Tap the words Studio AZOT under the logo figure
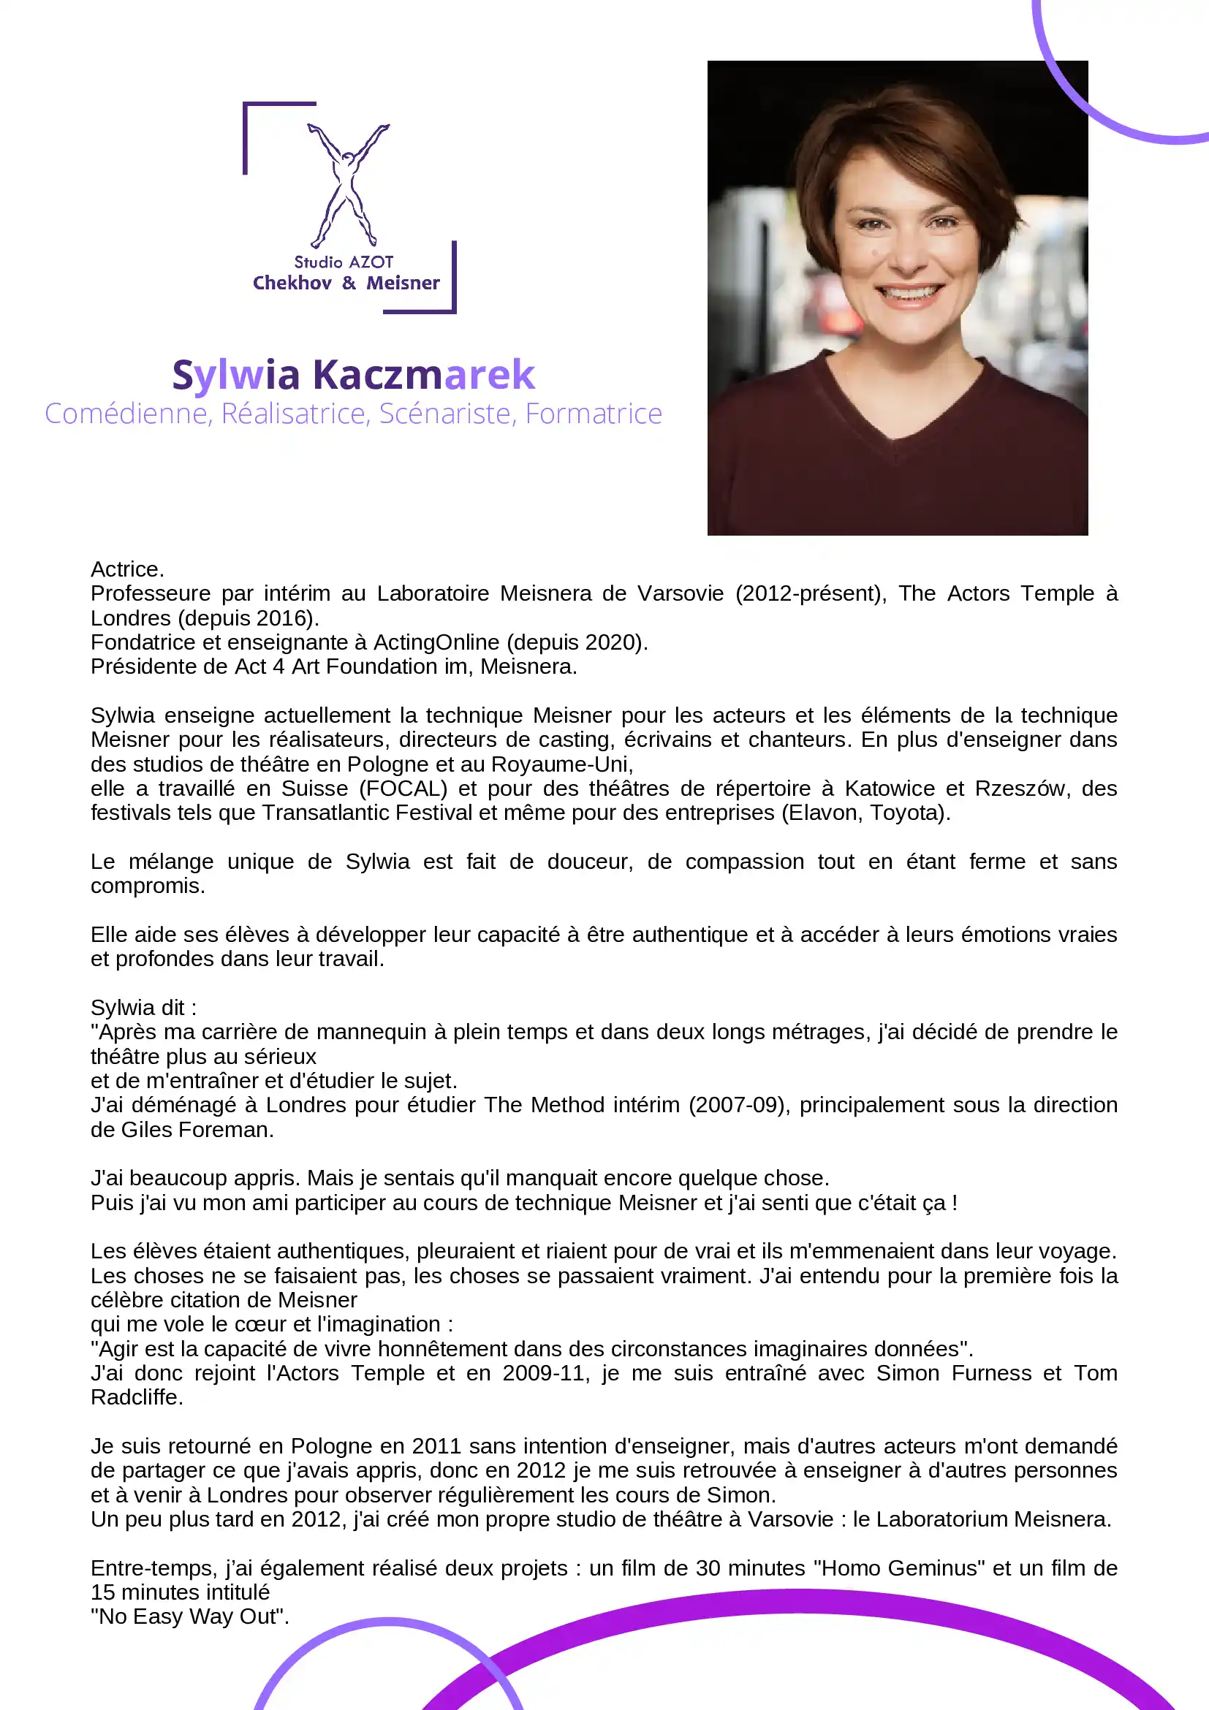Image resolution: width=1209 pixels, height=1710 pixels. click(x=344, y=262)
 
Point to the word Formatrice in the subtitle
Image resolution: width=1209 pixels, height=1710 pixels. click(x=593, y=414)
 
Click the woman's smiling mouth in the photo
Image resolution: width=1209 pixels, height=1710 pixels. click(x=909, y=293)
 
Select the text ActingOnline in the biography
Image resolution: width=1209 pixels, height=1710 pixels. click(x=436, y=642)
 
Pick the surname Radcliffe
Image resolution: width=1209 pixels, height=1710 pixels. click(x=134, y=1397)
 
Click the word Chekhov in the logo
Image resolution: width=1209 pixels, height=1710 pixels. click(x=292, y=283)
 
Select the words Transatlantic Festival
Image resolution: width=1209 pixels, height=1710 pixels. click(x=366, y=813)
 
